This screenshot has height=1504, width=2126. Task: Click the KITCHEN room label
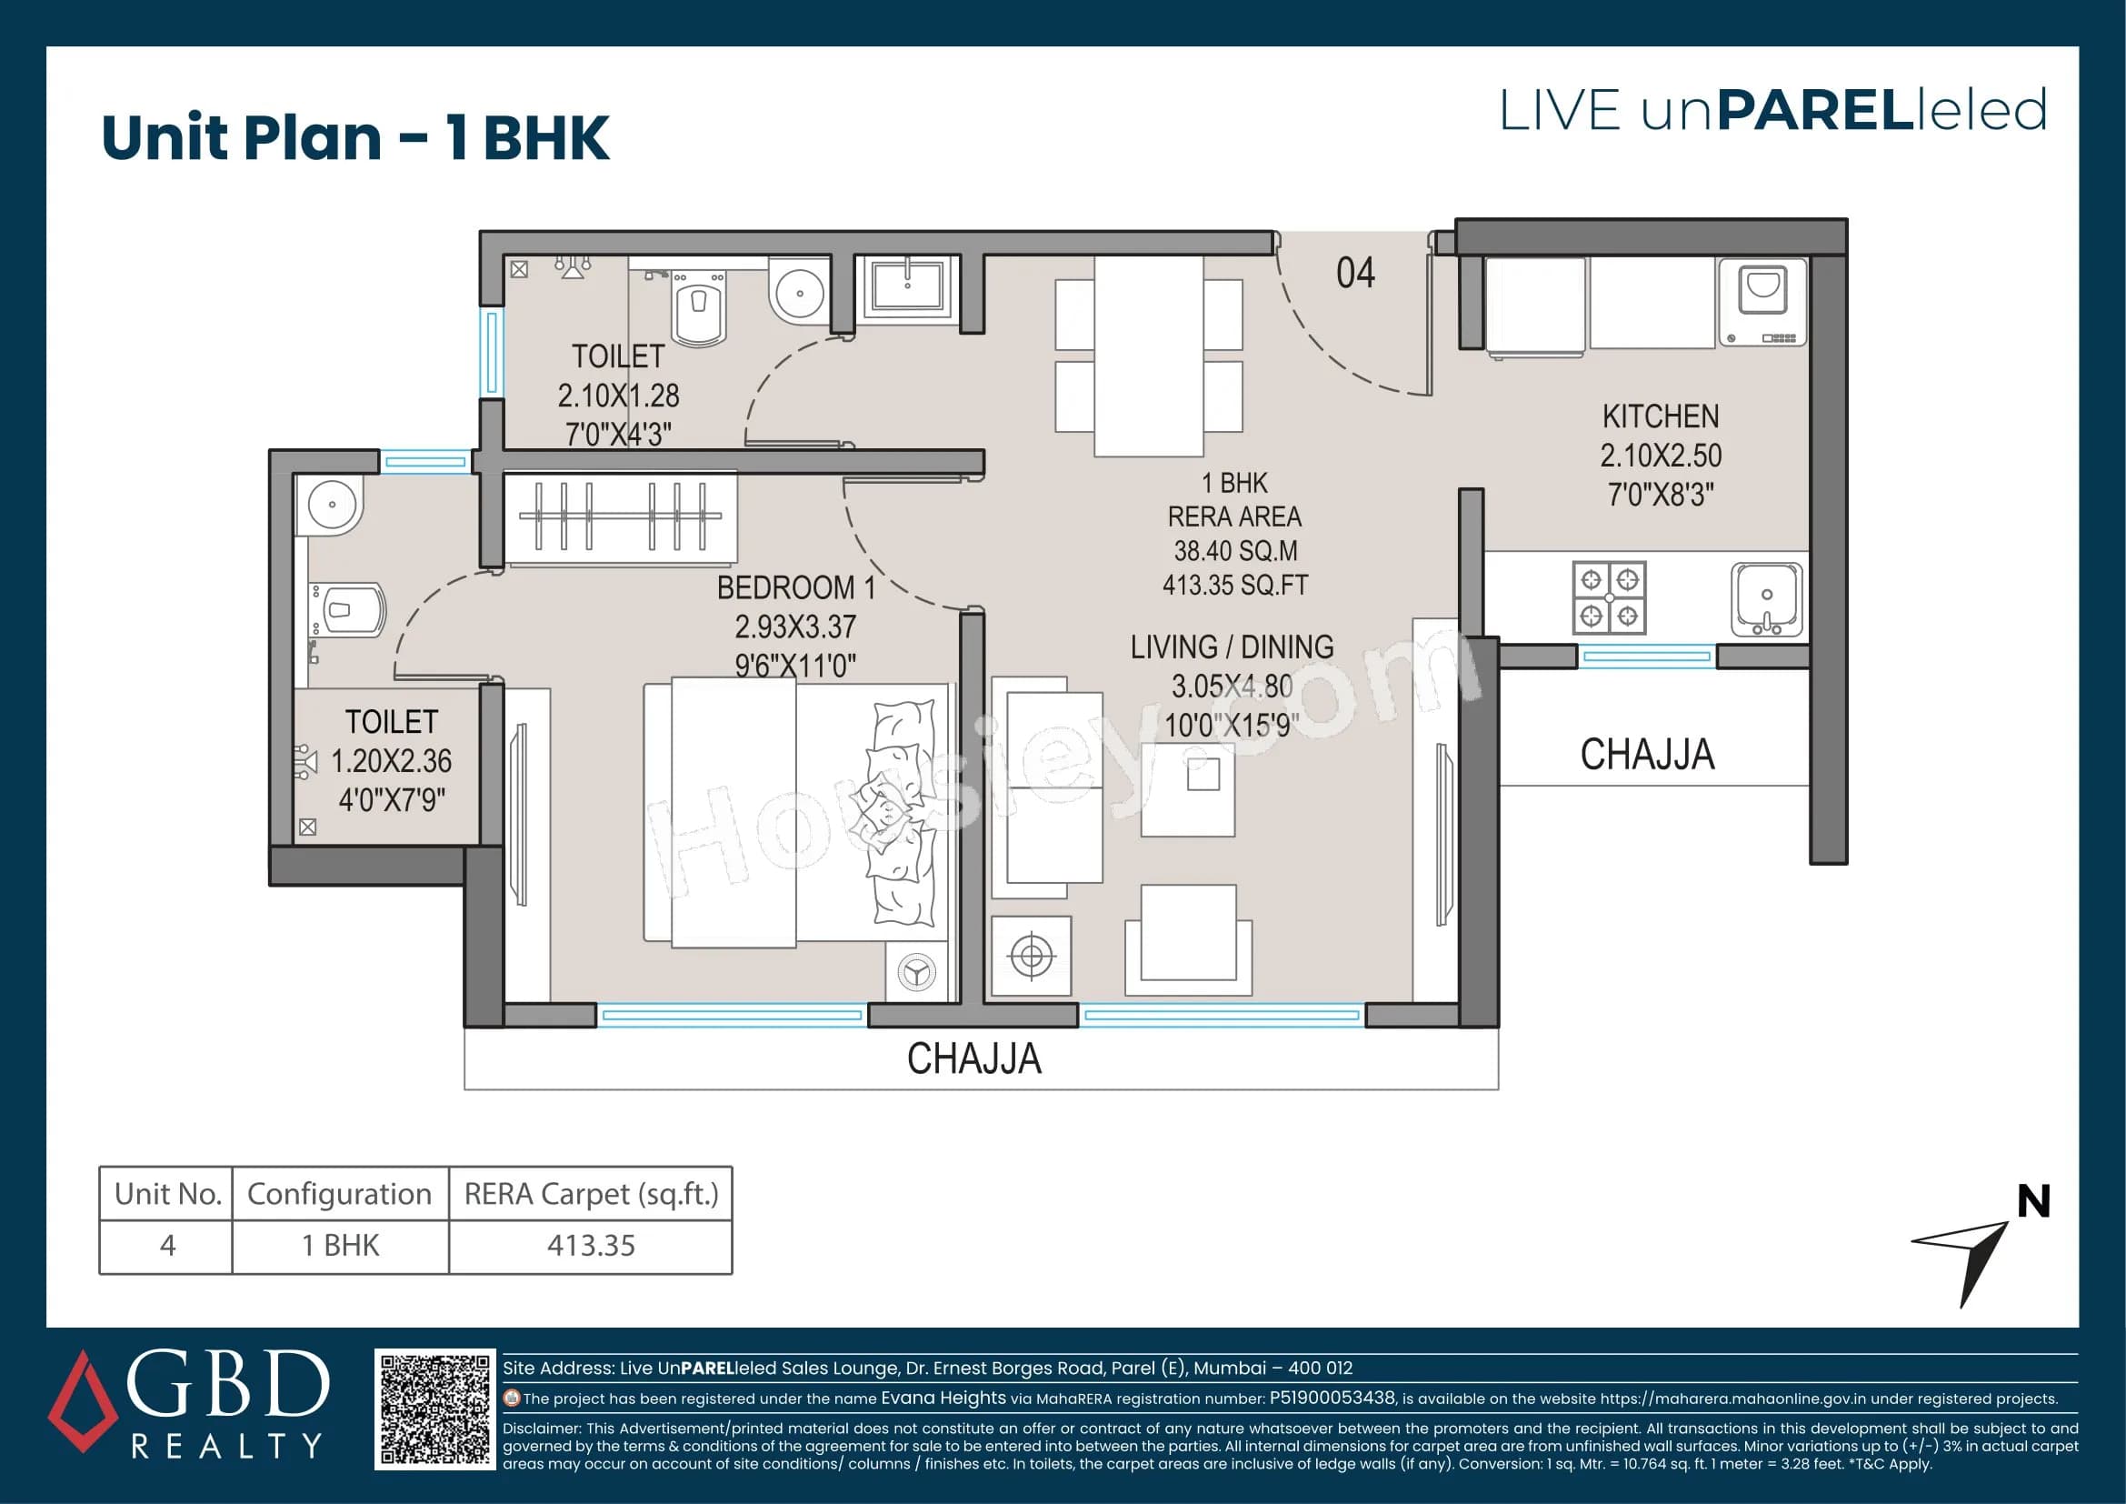[x=1661, y=416]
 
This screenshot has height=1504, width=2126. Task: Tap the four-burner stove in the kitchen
[x=1609, y=597]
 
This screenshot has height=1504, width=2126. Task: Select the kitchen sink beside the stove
[x=1766, y=599]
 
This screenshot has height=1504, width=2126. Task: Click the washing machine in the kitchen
[x=1762, y=302]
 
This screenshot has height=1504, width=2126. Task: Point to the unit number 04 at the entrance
[x=1354, y=273]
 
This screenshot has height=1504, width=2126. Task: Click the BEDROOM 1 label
[x=795, y=588]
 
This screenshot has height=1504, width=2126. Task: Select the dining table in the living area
[x=1148, y=356]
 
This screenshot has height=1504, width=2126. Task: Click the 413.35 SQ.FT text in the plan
[x=1235, y=586]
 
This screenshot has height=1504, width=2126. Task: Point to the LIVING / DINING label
[x=1232, y=647]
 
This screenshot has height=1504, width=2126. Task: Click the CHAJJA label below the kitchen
[x=1646, y=755]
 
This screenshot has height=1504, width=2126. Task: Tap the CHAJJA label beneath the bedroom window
[x=974, y=1058]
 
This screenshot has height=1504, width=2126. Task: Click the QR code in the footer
[x=434, y=1409]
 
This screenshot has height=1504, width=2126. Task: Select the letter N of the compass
[x=2033, y=1202]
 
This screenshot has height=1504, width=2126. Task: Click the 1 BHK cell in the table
[x=340, y=1247]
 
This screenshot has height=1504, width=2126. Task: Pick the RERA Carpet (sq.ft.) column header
[x=591, y=1195]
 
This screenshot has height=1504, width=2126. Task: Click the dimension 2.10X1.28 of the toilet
[x=617, y=396]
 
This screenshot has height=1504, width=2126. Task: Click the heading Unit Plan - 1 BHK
[x=355, y=138]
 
